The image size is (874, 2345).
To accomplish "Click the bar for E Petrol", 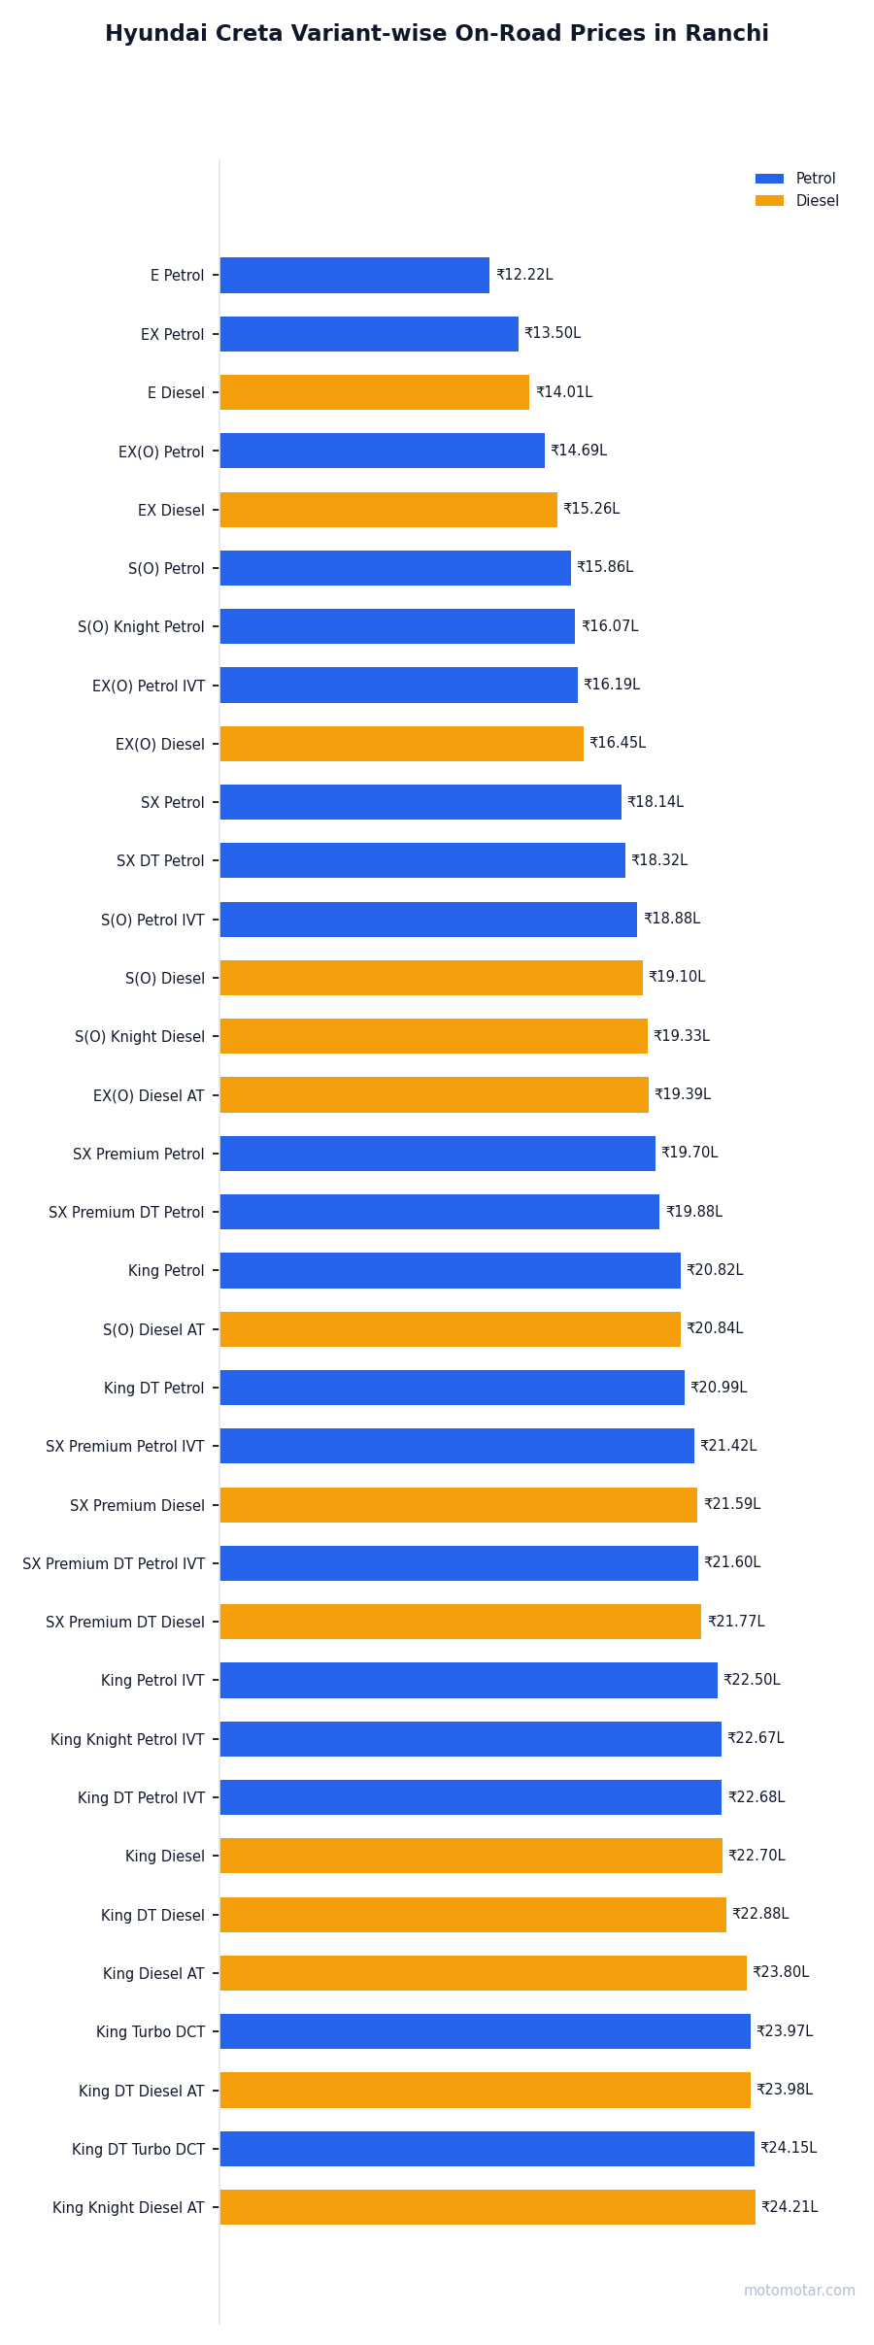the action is (354, 275).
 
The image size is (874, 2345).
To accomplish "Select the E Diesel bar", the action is (375, 392).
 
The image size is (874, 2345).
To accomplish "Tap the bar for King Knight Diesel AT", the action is (487, 2207).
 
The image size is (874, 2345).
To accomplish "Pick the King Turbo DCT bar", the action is (486, 2031).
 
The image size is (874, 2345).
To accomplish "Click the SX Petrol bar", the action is (420, 802).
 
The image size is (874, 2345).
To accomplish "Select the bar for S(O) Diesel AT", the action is (451, 1329).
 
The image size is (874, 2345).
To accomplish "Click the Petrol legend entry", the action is (795, 179).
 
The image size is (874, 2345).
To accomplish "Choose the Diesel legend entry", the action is (796, 201).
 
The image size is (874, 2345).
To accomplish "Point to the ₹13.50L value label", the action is (553, 333).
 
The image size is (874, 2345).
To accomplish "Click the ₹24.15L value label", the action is (789, 2148).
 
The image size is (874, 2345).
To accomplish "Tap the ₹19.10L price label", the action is (677, 977).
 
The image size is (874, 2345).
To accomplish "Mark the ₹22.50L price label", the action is (752, 1680).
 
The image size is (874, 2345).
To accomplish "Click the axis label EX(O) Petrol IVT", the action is (149, 686).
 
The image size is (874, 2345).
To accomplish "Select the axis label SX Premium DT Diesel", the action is (125, 1623).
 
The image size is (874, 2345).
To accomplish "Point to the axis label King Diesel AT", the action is (154, 1974).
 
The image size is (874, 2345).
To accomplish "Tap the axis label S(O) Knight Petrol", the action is (142, 627).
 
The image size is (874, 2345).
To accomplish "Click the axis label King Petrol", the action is (167, 1271).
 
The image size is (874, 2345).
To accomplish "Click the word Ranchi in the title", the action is (728, 34).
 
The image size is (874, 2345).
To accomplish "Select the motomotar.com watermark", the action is (800, 2291).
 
